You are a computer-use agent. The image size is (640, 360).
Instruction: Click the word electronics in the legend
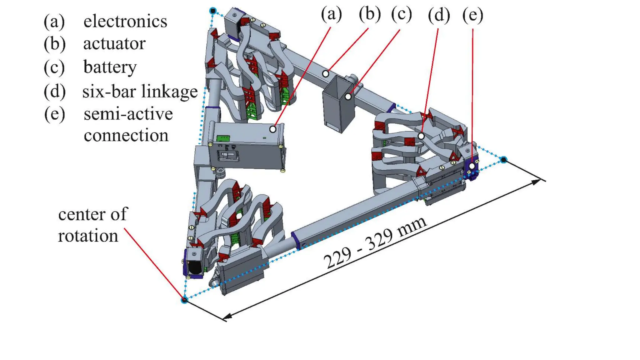[x=125, y=22]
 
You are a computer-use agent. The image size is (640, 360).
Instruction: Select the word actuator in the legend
[x=114, y=44]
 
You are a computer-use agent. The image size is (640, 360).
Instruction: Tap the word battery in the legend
[x=110, y=67]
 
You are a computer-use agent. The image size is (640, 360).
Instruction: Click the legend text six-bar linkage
[x=140, y=92]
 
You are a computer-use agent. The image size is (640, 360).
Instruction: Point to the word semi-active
[x=128, y=114]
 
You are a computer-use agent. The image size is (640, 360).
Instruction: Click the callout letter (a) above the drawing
[x=332, y=14]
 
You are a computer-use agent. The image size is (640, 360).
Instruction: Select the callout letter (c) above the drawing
[x=402, y=14]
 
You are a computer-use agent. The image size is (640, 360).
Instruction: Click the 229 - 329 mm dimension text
[x=374, y=242]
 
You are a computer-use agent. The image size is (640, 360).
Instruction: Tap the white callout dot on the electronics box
[x=273, y=129]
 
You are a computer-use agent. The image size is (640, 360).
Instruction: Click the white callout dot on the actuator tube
[x=326, y=74]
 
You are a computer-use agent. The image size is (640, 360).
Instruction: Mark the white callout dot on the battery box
[x=348, y=97]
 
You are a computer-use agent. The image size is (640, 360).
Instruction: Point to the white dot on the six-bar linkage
[x=421, y=136]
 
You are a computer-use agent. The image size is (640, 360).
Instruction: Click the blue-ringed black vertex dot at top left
[x=213, y=11]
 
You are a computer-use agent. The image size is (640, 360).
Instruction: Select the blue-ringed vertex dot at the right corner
[x=503, y=160]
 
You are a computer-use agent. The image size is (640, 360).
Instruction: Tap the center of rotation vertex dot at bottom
[x=184, y=300]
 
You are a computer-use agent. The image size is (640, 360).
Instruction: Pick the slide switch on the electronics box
[x=228, y=156]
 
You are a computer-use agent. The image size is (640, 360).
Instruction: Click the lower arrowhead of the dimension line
[x=228, y=317]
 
